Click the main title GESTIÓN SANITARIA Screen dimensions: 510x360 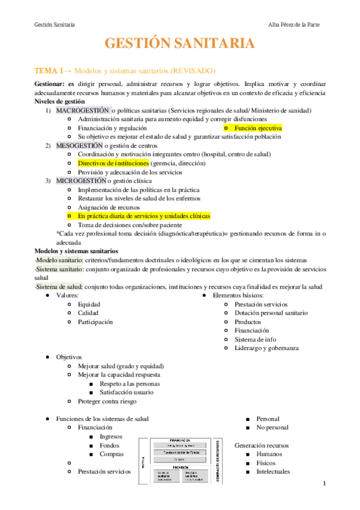(180, 43)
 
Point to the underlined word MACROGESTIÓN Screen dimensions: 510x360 (84, 111)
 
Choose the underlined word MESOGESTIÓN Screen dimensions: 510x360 (79, 146)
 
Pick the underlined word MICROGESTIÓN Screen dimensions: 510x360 (81, 180)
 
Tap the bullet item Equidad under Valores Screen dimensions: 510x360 (89, 304)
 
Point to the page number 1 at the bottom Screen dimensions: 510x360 (323, 483)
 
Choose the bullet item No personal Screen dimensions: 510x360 (272, 428)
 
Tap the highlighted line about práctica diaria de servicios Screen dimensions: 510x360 (144, 215)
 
